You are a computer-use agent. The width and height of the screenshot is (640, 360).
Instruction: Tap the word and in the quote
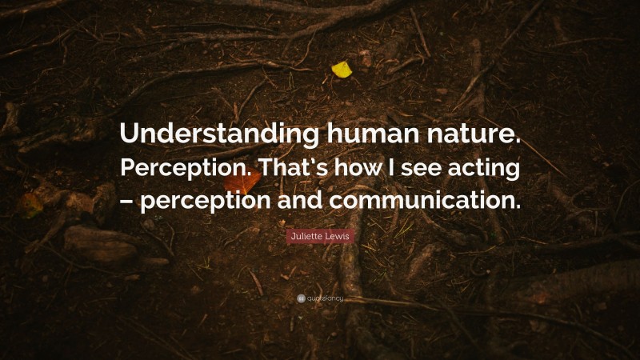[296, 199]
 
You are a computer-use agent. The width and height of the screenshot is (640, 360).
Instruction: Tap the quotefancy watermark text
[325, 298]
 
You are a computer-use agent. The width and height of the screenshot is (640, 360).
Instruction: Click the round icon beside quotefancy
[301, 298]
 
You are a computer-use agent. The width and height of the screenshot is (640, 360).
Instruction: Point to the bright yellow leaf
[342, 70]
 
